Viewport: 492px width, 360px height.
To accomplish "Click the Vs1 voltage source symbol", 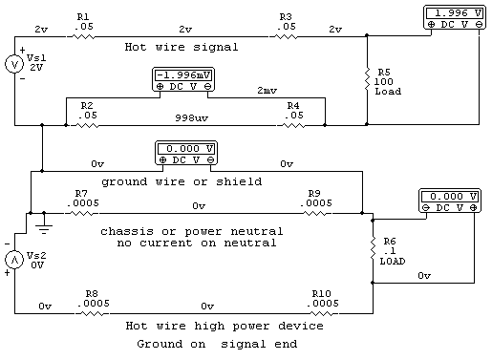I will [x=15, y=64].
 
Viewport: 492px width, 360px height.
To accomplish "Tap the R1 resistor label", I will [x=83, y=17].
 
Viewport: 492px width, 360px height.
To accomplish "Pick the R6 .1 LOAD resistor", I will [x=373, y=249].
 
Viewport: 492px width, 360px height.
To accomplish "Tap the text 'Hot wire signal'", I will [x=181, y=46].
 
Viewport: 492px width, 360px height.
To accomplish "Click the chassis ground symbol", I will [x=43, y=226].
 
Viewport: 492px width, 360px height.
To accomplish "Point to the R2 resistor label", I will [x=85, y=104].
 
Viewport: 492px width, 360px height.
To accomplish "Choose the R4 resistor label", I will [x=292, y=104].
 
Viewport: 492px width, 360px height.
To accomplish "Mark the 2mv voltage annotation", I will [x=268, y=90].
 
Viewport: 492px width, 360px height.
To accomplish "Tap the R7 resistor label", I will [x=82, y=193].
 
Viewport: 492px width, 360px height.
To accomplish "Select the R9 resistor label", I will [x=313, y=193].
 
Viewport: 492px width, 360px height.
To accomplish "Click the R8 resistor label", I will [x=92, y=294].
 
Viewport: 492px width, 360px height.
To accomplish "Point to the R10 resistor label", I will [x=323, y=294].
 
